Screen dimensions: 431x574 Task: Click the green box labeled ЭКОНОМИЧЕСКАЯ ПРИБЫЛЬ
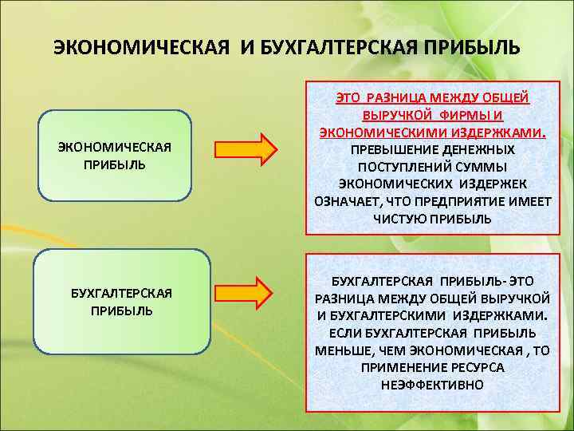point(115,156)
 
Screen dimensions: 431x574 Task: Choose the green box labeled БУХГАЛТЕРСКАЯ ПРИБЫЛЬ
point(115,302)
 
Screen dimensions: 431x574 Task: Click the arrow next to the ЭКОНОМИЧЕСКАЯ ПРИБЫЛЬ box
point(246,149)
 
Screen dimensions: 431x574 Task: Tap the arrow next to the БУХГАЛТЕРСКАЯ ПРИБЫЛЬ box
point(246,292)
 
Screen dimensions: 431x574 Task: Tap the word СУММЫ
point(480,166)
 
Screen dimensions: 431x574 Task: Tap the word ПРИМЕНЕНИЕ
point(402,367)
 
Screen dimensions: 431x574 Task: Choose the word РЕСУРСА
point(475,367)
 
